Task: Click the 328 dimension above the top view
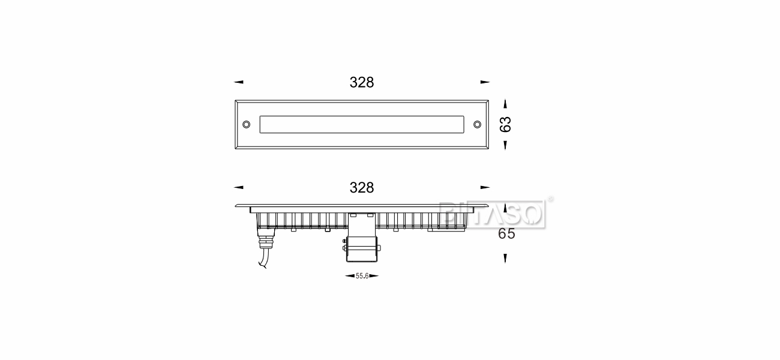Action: pyautogui.click(x=362, y=83)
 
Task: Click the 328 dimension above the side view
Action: pyautogui.click(x=362, y=188)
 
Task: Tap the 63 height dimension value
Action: pyautogui.click(x=506, y=124)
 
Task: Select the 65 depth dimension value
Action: pyautogui.click(x=506, y=234)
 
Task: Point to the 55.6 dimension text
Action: pyautogui.click(x=362, y=276)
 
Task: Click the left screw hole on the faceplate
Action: pyautogui.click(x=246, y=124)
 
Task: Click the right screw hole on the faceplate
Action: pyautogui.click(x=477, y=124)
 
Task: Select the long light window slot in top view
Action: pyautogui.click(x=362, y=124)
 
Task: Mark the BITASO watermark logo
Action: pyautogui.click(x=492, y=214)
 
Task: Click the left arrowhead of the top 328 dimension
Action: pyautogui.click(x=239, y=82)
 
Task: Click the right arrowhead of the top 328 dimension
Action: pyautogui.click(x=485, y=82)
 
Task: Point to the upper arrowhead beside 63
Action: pyautogui.click(x=506, y=104)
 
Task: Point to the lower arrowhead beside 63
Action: pyautogui.click(x=506, y=145)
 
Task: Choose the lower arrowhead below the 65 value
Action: pyautogui.click(x=506, y=258)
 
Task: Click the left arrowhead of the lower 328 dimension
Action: pyautogui.click(x=239, y=187)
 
